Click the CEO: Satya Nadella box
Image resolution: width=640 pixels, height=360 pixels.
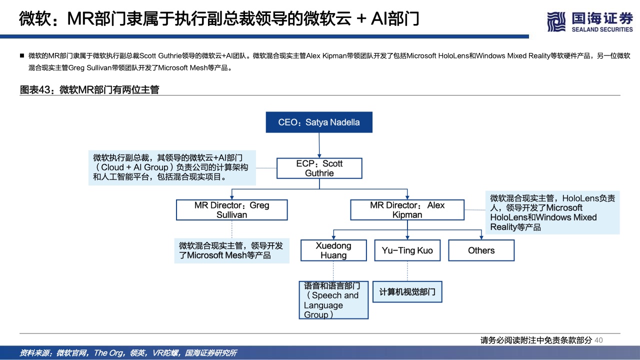pyautogui.click(x=319, y=122)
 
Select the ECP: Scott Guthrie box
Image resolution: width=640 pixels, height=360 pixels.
pyautogui.click(x=319, y=168)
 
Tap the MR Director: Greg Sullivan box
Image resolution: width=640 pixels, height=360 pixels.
pyautogui.click(x=231, y=210)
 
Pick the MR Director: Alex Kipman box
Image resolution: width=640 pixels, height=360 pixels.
pyautogui.click(x=407, y=210)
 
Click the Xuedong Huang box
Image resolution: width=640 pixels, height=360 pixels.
pyautogui.click(x=333, y=250)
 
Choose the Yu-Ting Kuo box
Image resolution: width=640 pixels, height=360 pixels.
pyautogui.click(x=407, y=250)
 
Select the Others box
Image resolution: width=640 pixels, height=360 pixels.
pyautogui.click(x=481, y=250)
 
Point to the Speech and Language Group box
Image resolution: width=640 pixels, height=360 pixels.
pyautogui.click(x=333, y=300)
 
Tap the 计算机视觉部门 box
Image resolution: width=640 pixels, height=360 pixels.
pyautogui.click(x=407, y=291)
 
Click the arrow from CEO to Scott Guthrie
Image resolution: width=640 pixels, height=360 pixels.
pyautogui.click(x=319, y=145)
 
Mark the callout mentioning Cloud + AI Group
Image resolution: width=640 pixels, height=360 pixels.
pyautogui.click(x=172, y=167)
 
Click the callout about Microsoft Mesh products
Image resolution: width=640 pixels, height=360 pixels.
pyautogui.click(x=231, y=250)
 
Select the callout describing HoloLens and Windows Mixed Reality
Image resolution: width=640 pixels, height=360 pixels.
pyautogui.click(x=552, y=212)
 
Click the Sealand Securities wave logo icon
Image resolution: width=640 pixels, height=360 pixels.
pyautogui.click(x=556, y=21)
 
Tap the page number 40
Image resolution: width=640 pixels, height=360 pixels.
pyautogui.click(x=598, y=340)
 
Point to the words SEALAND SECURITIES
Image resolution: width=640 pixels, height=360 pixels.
pyautogui.click(x=602, y=29)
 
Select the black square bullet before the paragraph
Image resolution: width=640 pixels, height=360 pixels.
pyautogui.click(x=22, y=55)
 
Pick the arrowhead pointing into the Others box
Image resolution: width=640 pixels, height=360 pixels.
pyautogui.click(x=481, y=237)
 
